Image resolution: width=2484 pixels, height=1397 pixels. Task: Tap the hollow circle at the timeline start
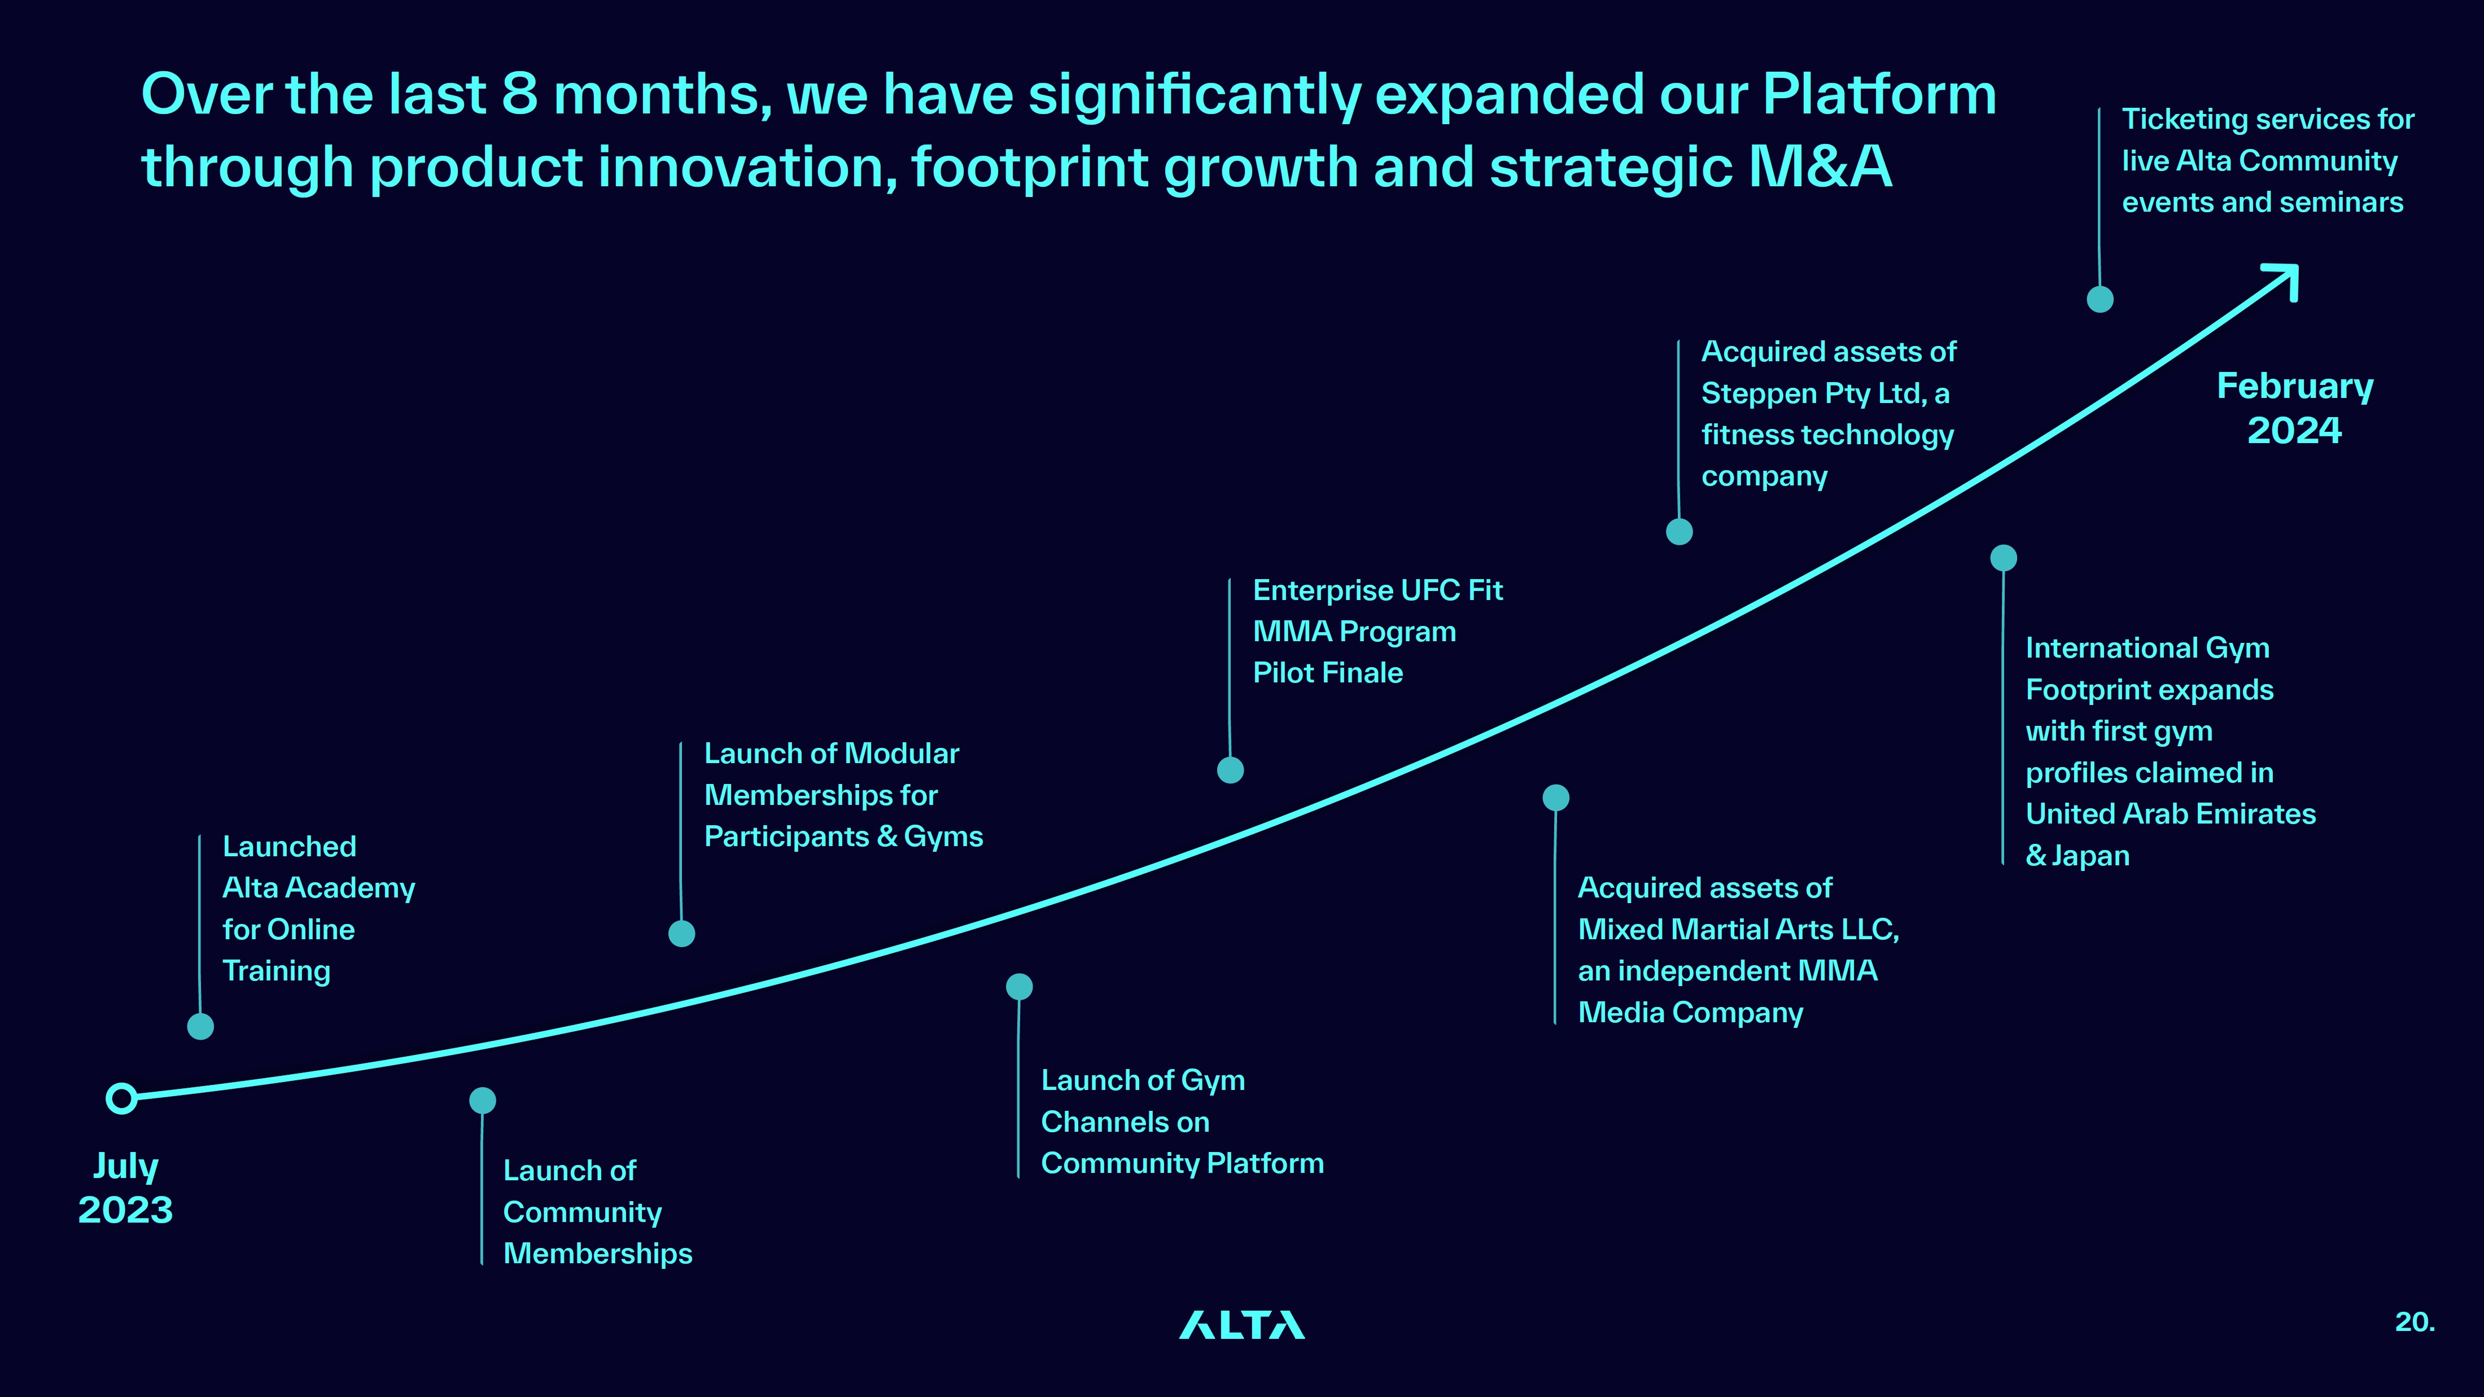(121, 1098)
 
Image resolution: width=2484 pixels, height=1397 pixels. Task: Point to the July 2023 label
(125, 1188)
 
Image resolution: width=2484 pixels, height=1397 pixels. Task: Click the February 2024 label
(2295, 408)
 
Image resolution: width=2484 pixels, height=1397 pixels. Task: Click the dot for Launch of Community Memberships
(482, 1100)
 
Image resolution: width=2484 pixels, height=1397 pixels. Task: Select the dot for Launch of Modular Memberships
(682, 933)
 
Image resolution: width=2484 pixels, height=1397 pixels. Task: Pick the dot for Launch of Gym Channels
(1019, 986)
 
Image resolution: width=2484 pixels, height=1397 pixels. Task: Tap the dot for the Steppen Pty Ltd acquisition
(1680, 531)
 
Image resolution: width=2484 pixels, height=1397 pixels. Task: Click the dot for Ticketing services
(2100, 299)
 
